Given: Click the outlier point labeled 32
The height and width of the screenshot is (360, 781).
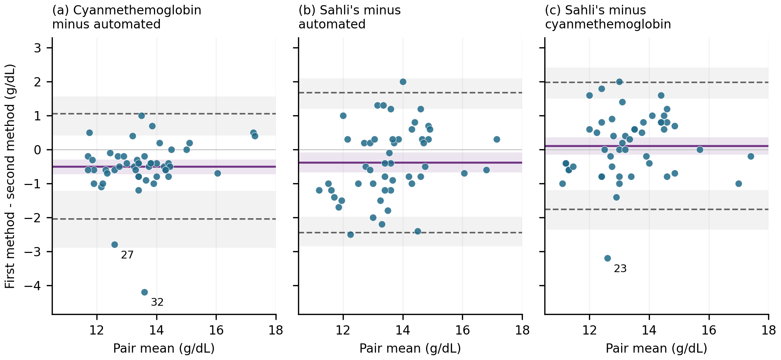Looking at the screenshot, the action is [144, 292].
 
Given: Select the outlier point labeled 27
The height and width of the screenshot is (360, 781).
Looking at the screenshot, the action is [114, 244].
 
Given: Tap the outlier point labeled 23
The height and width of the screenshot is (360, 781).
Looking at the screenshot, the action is [607, 258].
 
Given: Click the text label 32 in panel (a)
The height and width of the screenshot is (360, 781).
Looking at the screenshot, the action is [157, 302].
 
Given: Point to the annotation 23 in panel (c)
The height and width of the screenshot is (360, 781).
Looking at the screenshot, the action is [620, 268].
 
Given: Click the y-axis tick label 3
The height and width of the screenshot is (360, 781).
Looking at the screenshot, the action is [38, 48].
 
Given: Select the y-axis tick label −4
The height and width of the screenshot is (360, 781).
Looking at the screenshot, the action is [32, 286].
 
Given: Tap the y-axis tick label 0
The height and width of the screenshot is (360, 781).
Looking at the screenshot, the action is [38, 150].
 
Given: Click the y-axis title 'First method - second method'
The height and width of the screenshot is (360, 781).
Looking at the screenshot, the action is [10, 176].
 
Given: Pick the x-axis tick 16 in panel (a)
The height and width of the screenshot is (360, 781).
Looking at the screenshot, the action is [216, 330].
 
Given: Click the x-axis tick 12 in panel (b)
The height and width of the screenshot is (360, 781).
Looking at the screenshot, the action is [343, 330].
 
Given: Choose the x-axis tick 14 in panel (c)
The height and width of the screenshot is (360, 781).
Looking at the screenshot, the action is [649, 330].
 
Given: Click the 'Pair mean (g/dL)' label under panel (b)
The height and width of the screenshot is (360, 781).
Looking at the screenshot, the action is [410, 348].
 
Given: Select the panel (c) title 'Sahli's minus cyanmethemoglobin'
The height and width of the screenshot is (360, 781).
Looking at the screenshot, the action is [608, 17].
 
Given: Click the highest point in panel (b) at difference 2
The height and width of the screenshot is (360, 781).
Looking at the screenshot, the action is [403, 82].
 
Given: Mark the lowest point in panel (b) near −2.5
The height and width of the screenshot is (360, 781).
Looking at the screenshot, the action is [350, 234].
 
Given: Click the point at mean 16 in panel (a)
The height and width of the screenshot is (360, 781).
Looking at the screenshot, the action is [217, 173].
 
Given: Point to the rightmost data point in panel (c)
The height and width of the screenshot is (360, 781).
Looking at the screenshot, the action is [751, 156].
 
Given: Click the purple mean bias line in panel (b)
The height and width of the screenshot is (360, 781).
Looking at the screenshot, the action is [410, 162].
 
